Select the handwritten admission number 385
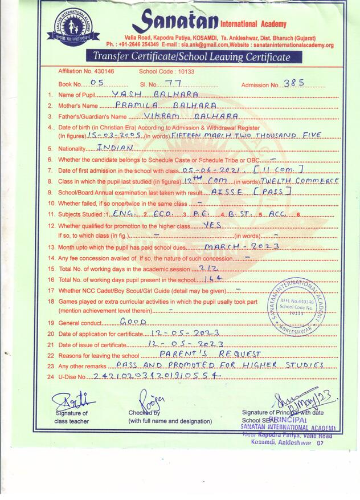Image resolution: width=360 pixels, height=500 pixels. click(293, 83)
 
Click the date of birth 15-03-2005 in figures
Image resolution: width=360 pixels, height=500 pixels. click(116, 135)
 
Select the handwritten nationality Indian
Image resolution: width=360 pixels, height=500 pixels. click(114, 147)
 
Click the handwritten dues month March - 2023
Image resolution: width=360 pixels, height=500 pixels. click(242, 246)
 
